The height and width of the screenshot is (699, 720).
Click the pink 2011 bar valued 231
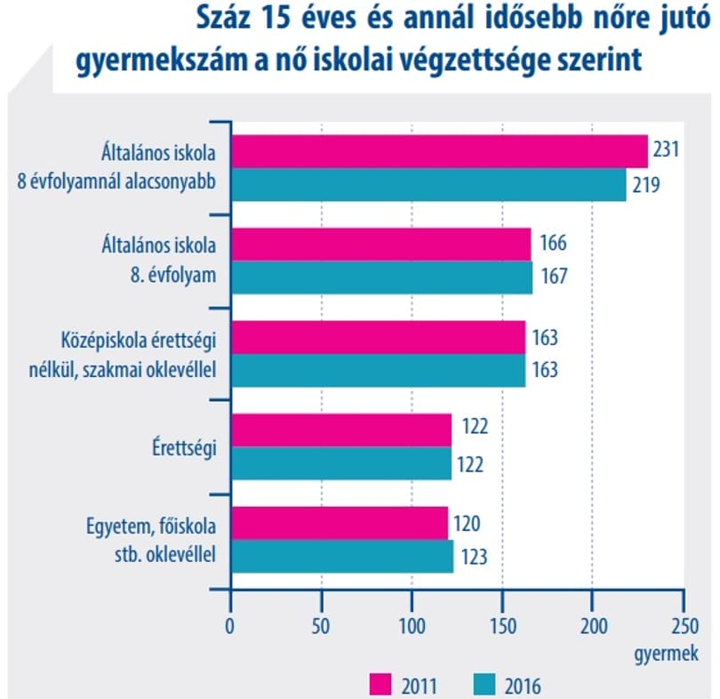(439, 151)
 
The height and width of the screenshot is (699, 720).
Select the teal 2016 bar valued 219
(428, 185)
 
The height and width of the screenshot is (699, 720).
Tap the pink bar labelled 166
(381, 245)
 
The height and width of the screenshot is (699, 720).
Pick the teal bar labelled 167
(382, 277)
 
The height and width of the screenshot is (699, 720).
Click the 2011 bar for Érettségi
(341, 430)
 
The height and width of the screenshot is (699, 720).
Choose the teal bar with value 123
(342, 556)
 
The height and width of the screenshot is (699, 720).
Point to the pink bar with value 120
(340, 523)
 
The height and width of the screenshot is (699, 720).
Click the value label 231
(666, 149)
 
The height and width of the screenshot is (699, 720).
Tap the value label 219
(646, 185)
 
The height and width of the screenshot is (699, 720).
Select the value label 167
(555, 277)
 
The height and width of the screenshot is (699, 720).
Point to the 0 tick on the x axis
(229, 626)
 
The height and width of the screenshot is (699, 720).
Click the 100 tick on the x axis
(412, 626)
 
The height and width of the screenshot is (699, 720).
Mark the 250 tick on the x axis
(684, 626)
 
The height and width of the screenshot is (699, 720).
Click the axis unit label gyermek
(667, 654)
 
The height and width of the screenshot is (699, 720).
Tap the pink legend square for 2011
(380, 685)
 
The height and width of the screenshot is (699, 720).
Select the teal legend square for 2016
(484, 685)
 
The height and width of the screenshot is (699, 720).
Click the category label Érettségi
(184, 447)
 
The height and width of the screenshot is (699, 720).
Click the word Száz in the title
(224, 19)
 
